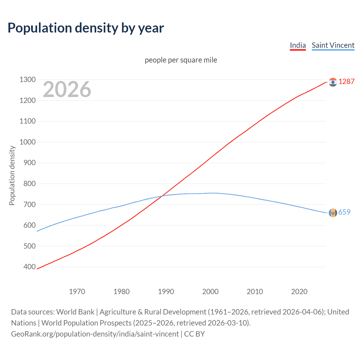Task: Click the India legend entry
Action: (298, 45)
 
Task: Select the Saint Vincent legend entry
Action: (333, 45)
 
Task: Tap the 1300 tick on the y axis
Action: (28, 80)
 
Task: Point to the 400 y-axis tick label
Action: (28, 267)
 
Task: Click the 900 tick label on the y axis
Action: (28, 163)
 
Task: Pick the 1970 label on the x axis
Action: (77, 292)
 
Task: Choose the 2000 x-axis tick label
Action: (210, 292)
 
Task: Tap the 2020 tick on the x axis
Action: (299, 292)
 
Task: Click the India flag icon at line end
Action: (333, 82)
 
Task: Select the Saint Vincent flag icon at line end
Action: (333, 213)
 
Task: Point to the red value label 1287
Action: (346, 82)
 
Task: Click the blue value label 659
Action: (344, 212)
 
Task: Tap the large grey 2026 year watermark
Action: (67, 89)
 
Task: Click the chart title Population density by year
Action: (86, 28)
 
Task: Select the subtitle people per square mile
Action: (181, 60)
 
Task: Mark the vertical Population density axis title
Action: (12, 175)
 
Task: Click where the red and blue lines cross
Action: (162, 196)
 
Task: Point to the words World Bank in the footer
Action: (75, 312)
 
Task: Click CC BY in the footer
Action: (194, 334)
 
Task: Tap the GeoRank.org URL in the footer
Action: (95, 334)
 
